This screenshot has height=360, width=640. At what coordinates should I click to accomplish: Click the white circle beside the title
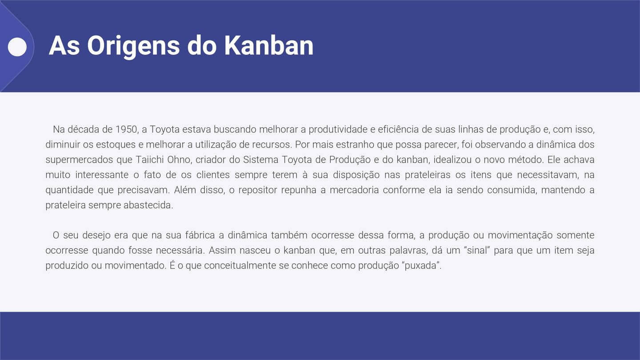coord(18,47)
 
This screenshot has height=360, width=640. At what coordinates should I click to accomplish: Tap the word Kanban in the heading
coord(268,45)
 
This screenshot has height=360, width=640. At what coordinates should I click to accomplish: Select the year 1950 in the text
coord(126,130)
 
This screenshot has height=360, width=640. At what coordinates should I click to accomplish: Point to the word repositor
coord(258,190)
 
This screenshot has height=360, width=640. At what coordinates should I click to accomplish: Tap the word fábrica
coord(198,235)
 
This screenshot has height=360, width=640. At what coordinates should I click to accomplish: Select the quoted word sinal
coord(474,250)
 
